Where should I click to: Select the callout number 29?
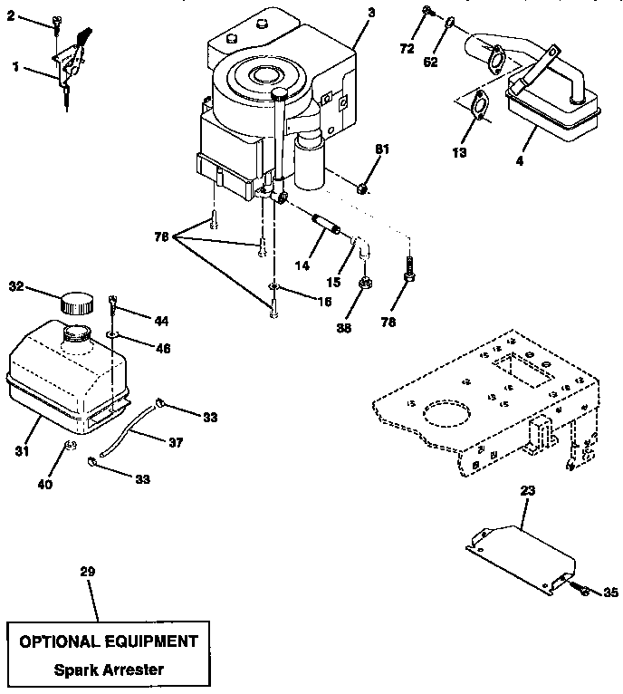point(87,572)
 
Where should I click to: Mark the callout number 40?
point(45,484)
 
